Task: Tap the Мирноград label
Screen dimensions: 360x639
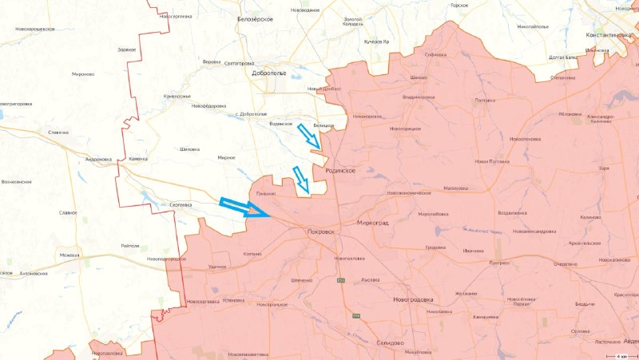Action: (372, 224)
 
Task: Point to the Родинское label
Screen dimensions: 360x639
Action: (339, 171)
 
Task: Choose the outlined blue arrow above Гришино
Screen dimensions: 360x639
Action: (301, 180)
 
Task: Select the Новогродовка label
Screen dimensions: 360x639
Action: (413, 299)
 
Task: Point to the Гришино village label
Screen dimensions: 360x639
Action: (265, 194)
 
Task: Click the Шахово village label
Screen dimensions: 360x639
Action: (418, 77)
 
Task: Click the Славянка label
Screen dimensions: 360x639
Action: (58, 133)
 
